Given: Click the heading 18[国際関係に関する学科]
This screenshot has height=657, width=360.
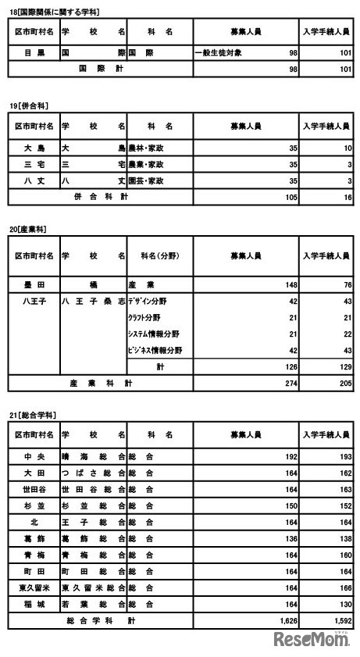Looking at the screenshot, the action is (x=53, y=12).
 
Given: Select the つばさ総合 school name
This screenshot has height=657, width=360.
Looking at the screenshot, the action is (x=92, y=472).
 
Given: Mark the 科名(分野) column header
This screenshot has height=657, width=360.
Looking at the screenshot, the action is (x=159, y=256).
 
